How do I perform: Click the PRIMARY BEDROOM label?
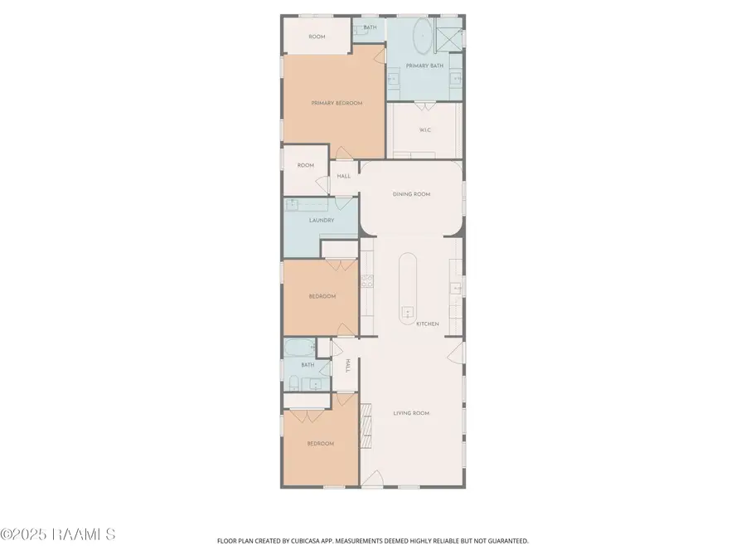coord(337,103)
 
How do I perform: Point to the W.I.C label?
coord(424,129)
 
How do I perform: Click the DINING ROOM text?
coord(411,194)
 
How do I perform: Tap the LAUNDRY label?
coord(321,221)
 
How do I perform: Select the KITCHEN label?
coord(427,324)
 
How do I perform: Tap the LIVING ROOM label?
coord(411,413)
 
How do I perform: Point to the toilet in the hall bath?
coord(294,382)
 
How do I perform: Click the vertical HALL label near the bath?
coord(348,365)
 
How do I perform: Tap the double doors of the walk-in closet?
coord(424,105)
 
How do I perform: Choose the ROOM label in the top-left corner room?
coord(317,37)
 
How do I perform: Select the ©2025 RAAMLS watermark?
coord(58,534)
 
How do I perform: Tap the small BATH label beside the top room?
coord(370,27)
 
